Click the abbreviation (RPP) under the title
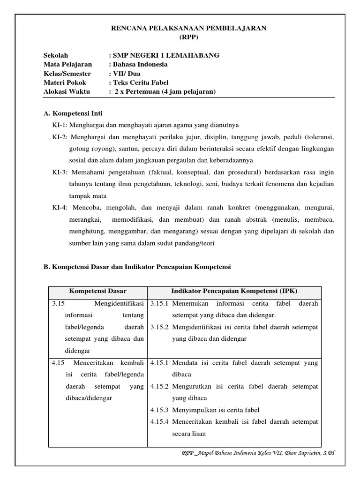188,37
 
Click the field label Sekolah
56,55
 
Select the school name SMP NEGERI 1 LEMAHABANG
165,55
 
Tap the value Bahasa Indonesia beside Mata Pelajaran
139,64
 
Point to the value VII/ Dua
126,74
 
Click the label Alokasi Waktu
67,91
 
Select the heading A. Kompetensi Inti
73,113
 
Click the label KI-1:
60,125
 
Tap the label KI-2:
60,137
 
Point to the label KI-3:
60,172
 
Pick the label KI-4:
60,207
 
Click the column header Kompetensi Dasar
97,291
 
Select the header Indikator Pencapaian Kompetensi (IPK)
234,291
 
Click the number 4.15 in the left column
58,363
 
